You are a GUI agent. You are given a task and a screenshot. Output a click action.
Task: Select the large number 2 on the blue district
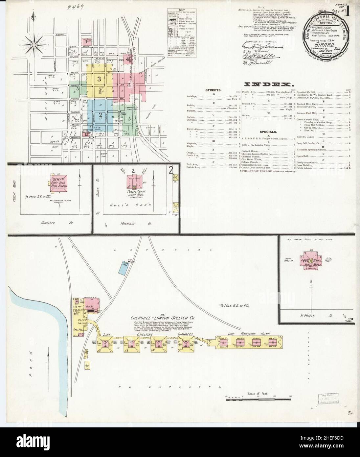(101, 115)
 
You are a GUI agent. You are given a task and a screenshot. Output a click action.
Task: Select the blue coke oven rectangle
(123, 269)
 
